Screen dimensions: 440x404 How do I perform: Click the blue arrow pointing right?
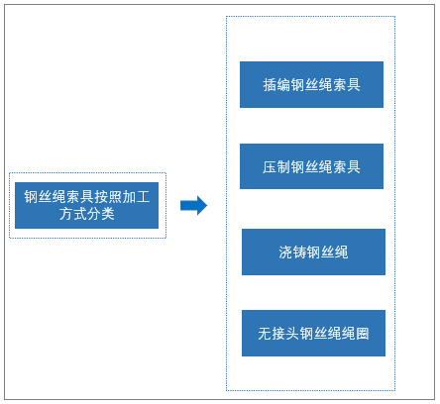193,205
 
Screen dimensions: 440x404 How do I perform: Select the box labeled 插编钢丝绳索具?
311,84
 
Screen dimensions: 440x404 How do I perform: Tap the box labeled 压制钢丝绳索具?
311,166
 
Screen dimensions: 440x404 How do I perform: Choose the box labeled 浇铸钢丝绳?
313,252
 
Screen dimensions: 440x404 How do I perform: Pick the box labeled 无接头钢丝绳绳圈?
313,333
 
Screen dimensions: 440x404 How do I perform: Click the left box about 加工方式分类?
86,205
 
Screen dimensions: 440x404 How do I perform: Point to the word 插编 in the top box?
276,85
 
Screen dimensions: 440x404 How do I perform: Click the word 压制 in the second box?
276,166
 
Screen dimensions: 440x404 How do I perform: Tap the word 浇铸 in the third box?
292,252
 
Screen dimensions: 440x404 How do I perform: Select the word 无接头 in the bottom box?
278,334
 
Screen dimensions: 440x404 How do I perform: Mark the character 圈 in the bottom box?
362,334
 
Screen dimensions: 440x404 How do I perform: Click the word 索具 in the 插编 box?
347,85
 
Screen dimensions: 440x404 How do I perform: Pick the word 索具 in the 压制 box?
347,166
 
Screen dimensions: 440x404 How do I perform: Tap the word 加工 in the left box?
136,197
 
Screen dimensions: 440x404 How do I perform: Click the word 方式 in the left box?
73,214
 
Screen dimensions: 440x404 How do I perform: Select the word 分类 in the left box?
101,214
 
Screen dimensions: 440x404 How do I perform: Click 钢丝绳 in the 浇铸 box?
327,252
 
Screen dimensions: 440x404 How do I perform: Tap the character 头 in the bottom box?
292,334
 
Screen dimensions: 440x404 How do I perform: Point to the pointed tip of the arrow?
207,205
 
